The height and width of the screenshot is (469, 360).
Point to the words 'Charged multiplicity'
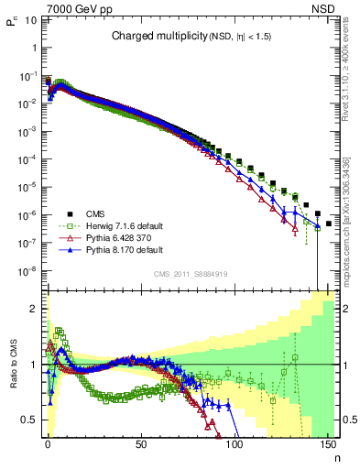[150, 37]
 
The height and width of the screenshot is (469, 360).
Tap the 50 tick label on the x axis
[141, 444]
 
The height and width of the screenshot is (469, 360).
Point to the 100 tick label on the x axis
[234, 444]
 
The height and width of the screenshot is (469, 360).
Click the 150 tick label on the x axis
[327, 444]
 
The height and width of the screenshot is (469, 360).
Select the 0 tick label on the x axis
[48, 444]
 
